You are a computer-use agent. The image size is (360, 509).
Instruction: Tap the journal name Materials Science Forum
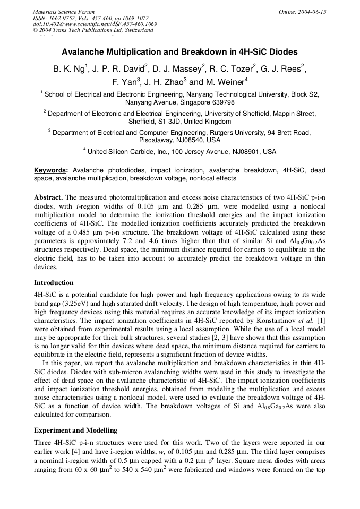64,12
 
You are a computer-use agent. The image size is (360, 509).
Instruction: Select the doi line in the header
95,24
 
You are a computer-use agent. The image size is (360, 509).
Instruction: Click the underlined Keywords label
50,171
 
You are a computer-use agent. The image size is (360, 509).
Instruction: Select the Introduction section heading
54,282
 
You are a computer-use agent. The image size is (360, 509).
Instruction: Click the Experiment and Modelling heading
75,430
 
